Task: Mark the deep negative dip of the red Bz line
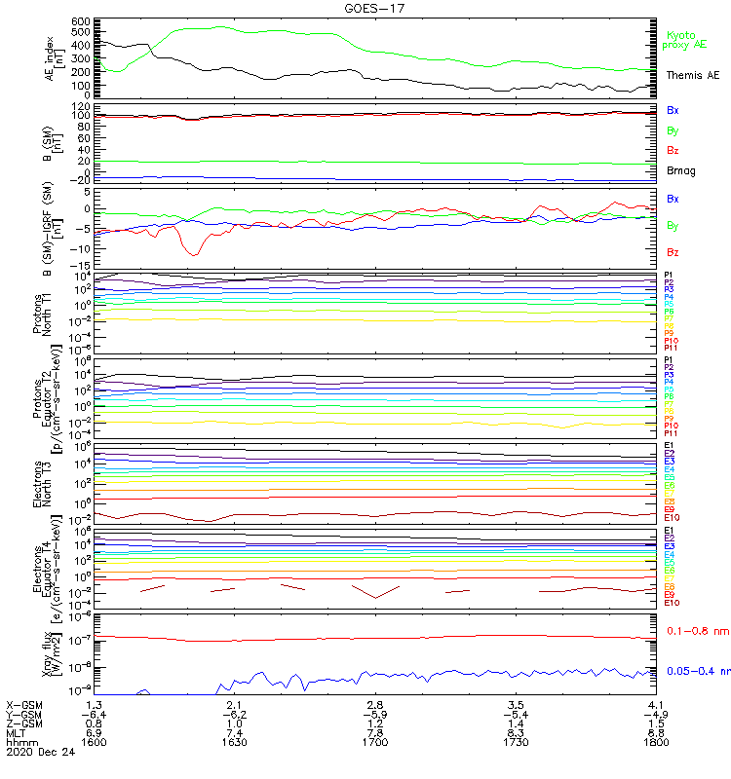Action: click(195, 254)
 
